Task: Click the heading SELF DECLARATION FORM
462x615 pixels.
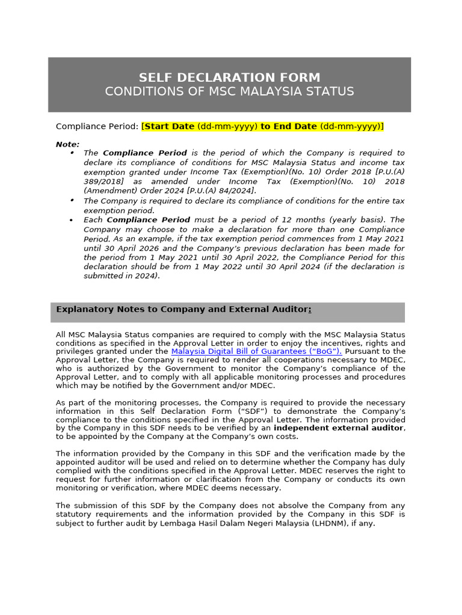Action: coord(229,77)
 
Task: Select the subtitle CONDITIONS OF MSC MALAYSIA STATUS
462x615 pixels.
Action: coord(229,91)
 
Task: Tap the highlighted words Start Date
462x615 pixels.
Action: coord(169,126)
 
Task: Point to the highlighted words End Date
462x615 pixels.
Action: coord(295,126)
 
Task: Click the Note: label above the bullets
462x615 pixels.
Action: coord(67,144)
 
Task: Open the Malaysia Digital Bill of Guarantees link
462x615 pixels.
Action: coord(256,351)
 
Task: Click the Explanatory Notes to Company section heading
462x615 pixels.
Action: coord(183,309)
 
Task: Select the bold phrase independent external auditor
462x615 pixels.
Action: coord(339,428)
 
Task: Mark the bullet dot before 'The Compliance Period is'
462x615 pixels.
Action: coord(72,153)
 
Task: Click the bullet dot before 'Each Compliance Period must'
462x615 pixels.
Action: coord(72,220)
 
